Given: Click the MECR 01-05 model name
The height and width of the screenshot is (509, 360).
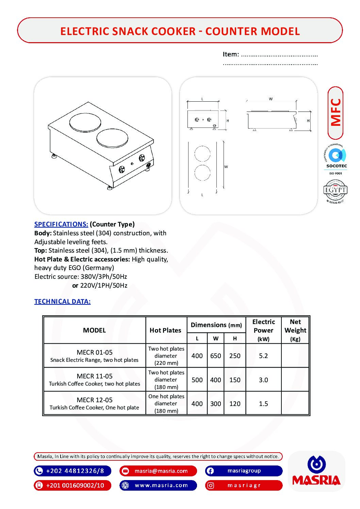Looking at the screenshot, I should pyautogui.click(x=94, y=352).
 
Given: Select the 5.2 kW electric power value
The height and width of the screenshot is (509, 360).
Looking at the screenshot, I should pyautogui.click(x=263, y=356).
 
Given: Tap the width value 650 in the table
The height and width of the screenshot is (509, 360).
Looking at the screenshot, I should pyautogui.click(x=215, y=356).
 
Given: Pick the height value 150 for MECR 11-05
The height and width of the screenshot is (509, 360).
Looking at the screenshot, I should pyautogui.click(x=235, y=380).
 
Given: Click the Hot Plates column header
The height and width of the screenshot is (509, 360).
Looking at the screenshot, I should pyautogui.click(x=165, y=330).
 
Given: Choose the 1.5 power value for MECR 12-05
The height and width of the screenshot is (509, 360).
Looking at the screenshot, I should pyautogui.click(x=263, y=404).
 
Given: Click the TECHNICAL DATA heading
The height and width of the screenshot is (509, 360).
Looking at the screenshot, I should pyautogui.click(x=62, y=301).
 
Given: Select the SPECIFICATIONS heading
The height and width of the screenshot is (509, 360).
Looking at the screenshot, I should pyautogui.click(x=61, y=224).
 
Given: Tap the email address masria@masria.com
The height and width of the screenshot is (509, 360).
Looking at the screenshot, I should pyautogui.click(x=161, y=471).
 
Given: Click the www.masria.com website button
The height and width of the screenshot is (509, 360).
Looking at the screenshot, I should pyautogui.click(x=161, y=485).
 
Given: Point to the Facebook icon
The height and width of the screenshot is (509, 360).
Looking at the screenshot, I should pyautogui.click(x=210, y=471).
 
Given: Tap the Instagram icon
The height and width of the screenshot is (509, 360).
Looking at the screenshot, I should pyautogui.click(x=210, y=486).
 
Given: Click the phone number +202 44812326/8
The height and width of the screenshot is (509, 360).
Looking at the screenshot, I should pyautogui.click(x=75, y=471).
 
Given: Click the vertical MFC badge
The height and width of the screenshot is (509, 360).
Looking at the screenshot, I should pyautogui.click(x=336, y=113).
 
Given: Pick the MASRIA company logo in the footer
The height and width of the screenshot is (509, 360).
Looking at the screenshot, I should pyautogui.click(x=316, y=471).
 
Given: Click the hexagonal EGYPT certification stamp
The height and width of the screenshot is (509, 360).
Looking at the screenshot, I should pyautogui.click(x=335, y=190).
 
